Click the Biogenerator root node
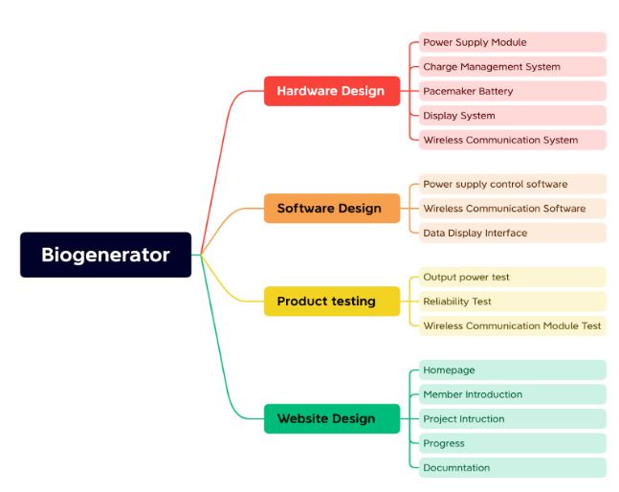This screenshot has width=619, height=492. click(x=106, y=255)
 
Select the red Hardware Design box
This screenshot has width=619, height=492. click(x=332, y=91)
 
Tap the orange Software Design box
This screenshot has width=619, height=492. click(x=332, y=208)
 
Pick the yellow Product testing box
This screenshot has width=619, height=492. click(x=332, y=301)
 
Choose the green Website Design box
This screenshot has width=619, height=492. click(x=332, y=418)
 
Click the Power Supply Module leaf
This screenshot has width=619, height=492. click(x=513, y=42)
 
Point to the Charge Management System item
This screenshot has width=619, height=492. click(x=513, y=67)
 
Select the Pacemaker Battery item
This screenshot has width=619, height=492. click(x=513, y=91)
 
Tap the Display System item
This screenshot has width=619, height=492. click(x=513, y=116)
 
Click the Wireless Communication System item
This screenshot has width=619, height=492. click(x=513, y=140)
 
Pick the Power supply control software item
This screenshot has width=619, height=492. click(x=513, y=184)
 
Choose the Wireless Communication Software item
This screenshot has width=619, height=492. click(x=513, y=209)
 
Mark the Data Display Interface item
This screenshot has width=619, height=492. click(x=513, y=233)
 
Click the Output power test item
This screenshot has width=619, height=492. click(x=513, y=278)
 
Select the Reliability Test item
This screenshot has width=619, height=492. click(x=513, y=302)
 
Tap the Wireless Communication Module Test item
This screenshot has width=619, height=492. click(x=513, y=325)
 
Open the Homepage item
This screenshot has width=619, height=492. click(x=513, y=370)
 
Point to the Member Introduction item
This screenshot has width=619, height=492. click(x=513, y=394)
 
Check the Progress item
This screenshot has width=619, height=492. click(x=513, y=443)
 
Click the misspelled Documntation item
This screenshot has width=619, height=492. click(x=513, y=467)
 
